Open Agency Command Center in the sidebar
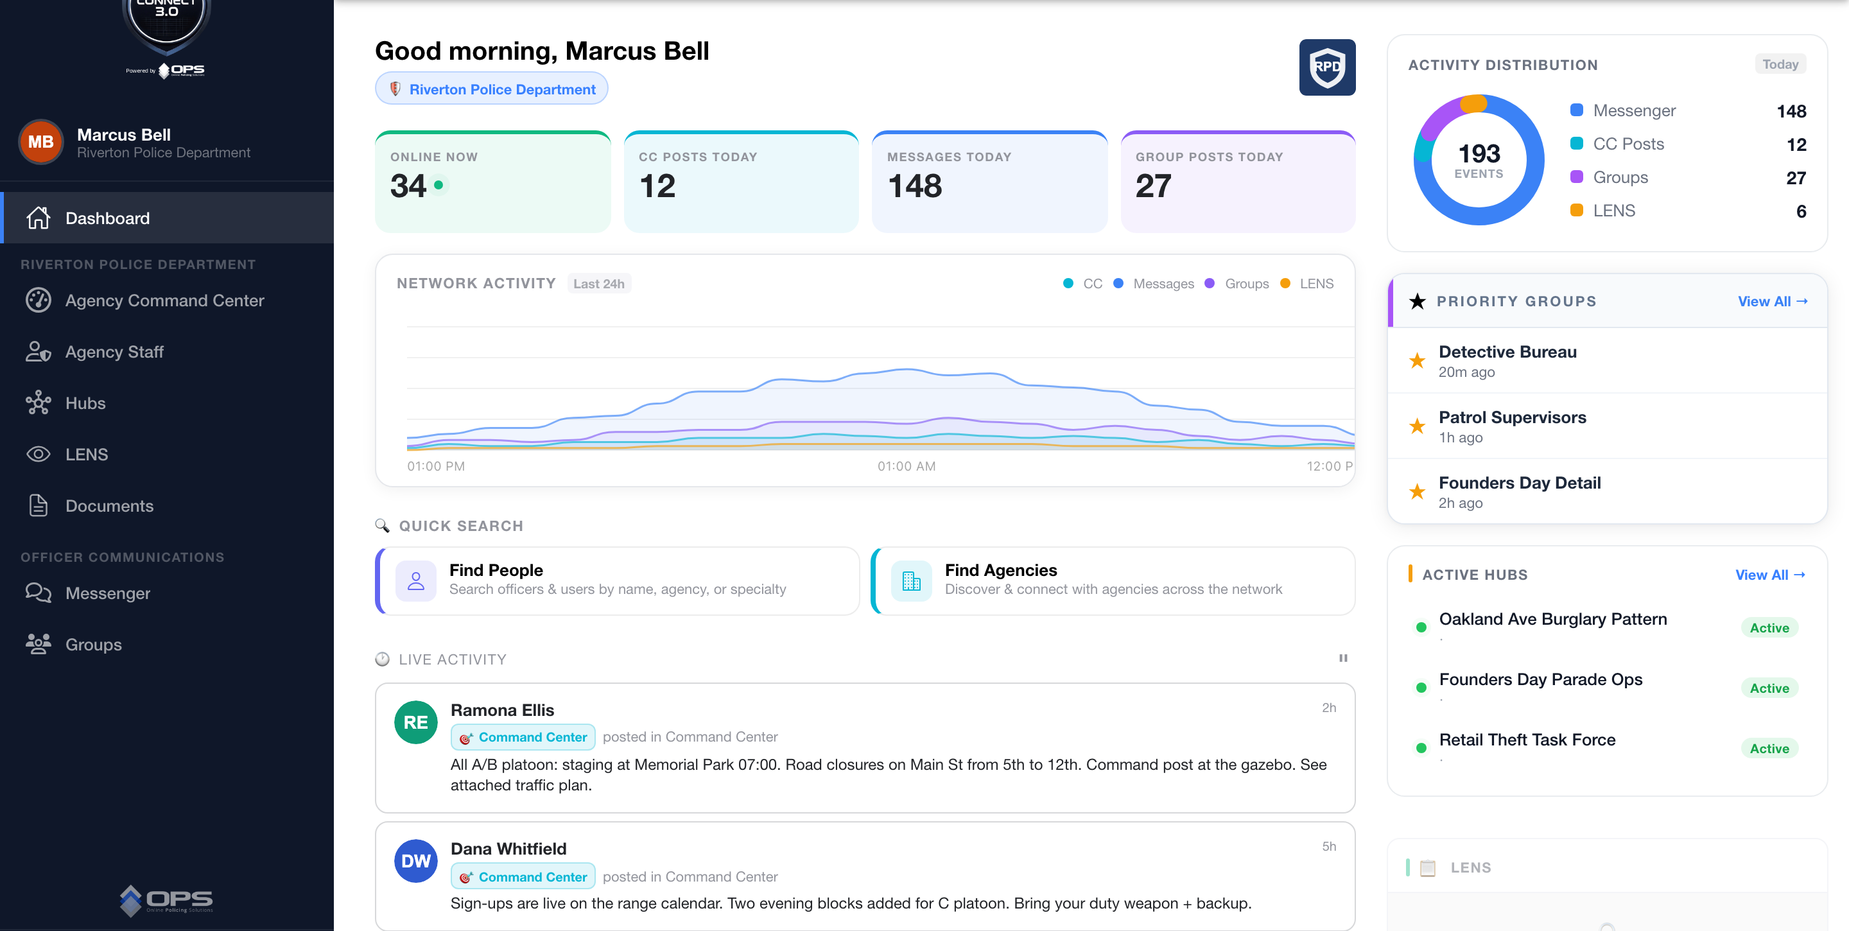(x=164, y=300)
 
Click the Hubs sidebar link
(x=85, y=403)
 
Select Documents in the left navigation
(x=109, y=505)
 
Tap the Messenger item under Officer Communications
(x=108, y=593)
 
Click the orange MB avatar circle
(x=41, y=142)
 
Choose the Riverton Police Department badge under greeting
(x=492, y=89)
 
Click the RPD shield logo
(x=1327, y=67)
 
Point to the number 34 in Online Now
(x=408, y=186)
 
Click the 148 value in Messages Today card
(x=914, y=186)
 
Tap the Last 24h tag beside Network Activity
(x=598, y=284)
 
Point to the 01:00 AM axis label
(x=907, y=466)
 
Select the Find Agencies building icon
(x=912, y=580)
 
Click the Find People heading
(x=496, y=570)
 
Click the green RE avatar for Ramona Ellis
(x=416, y=722)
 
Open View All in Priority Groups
(x=1772, y=302)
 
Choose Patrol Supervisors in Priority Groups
(x=1513, y=417)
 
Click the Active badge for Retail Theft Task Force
(x=1769, y=749)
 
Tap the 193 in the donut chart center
(x=1479, y=153)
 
